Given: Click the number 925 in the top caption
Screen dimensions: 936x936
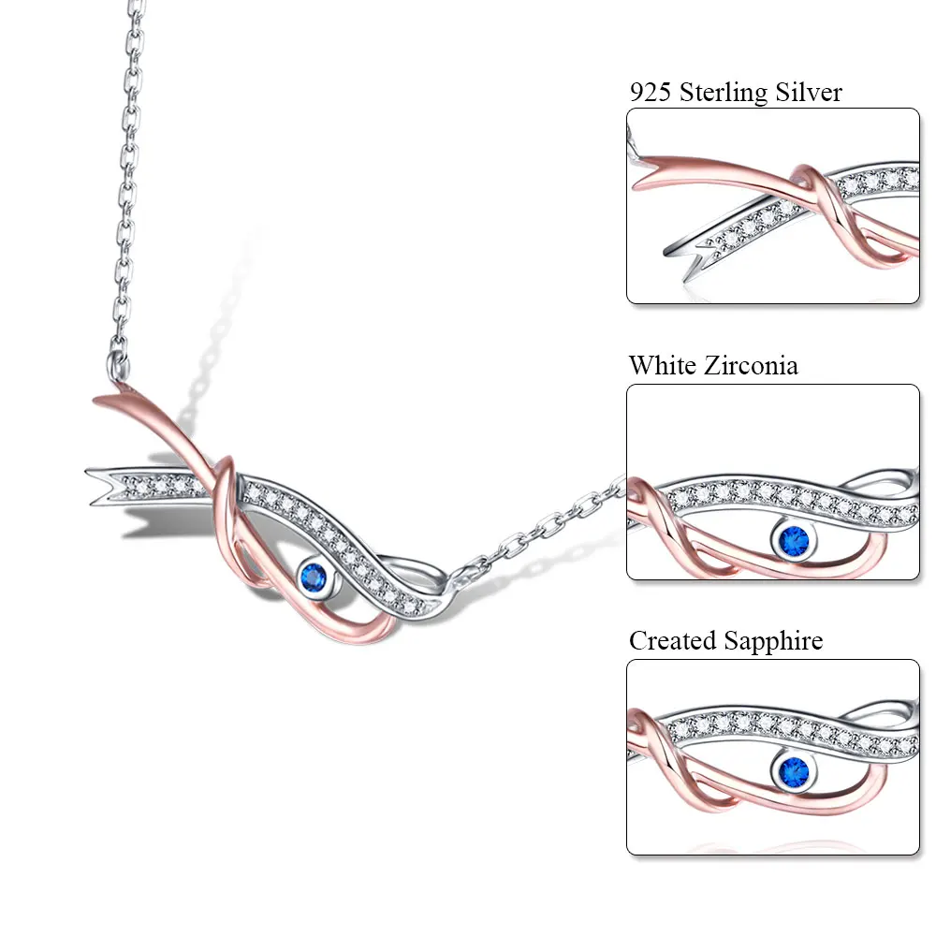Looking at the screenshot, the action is click(649, 92).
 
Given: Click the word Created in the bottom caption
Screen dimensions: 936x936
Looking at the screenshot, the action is click(673, 640).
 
